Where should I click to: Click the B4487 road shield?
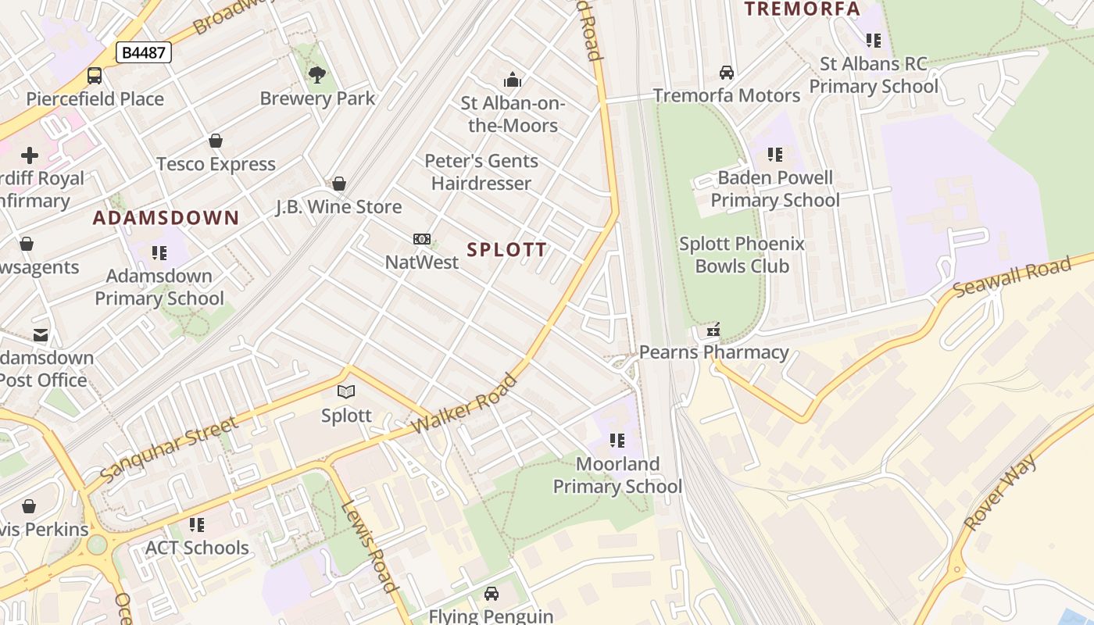click(143, 52)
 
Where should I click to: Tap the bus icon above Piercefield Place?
click(95, 76)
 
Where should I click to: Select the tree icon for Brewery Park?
click(317, 75)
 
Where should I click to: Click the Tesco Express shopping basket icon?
click(216, 141)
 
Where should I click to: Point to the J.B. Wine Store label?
click(338, 207)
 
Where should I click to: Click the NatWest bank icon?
click(421, 239)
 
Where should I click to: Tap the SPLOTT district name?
click(506, 250)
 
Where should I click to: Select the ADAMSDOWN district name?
click(166, 218)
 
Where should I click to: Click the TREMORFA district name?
click(802, 9)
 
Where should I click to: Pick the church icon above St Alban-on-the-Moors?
click(513, 80)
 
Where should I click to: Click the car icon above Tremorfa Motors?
click(727, 73)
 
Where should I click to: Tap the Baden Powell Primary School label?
click(774, 189)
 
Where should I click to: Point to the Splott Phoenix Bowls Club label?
click(741, 255)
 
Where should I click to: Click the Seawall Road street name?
click(1012, 278)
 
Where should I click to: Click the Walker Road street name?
click(464, 404)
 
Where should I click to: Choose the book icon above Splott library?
click(346, 392)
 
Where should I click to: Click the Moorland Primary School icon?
click(617, 441)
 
